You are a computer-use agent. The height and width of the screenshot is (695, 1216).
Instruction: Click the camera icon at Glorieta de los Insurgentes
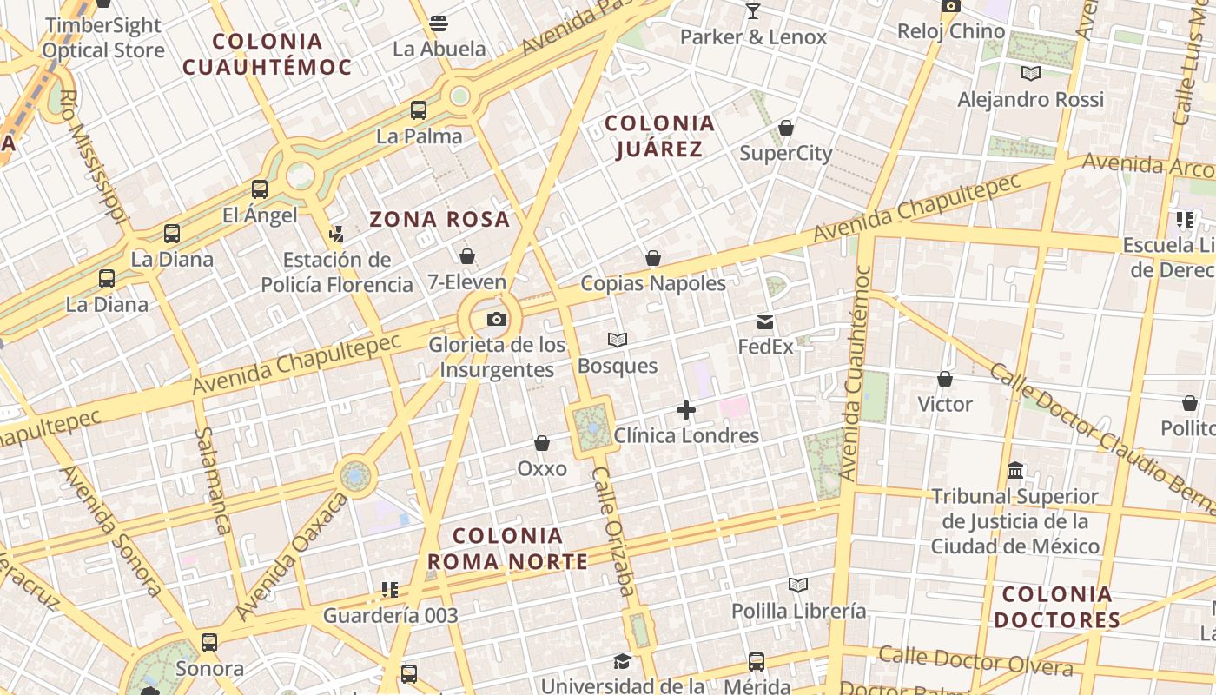[x=497, y=319]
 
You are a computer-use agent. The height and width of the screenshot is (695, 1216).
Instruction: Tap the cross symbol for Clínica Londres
[x=686, y=410]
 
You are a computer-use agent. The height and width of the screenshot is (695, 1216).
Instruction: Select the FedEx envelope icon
[x=765, y=322]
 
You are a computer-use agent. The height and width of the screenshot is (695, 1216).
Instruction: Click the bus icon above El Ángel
[x=260, y=189]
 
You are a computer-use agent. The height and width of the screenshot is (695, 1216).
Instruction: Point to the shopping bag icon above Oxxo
[x=542, y=444]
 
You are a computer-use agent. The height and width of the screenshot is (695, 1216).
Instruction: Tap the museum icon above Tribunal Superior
[x=1014, y=471]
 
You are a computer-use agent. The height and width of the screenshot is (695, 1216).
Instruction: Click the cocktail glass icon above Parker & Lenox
[x=752, y=11]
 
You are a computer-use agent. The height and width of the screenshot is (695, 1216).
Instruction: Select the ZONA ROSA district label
[x=439, y=219]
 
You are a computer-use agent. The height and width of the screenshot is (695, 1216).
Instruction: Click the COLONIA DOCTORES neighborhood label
[x=1056, y=607]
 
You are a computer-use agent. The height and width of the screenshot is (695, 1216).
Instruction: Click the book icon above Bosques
[x=618, y=340]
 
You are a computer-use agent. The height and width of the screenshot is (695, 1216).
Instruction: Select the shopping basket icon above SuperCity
[x=786, y=129]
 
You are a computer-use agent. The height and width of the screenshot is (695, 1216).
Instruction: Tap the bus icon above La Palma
[x=419, y=110]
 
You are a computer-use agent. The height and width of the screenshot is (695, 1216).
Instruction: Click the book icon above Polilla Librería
[x=798, y=586]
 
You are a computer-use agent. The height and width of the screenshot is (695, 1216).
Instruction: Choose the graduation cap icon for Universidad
[x=622, y=662]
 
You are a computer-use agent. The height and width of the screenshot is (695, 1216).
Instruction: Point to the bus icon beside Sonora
[x=209, y=643]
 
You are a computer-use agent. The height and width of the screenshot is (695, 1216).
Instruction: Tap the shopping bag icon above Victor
[x=945, y=379]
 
